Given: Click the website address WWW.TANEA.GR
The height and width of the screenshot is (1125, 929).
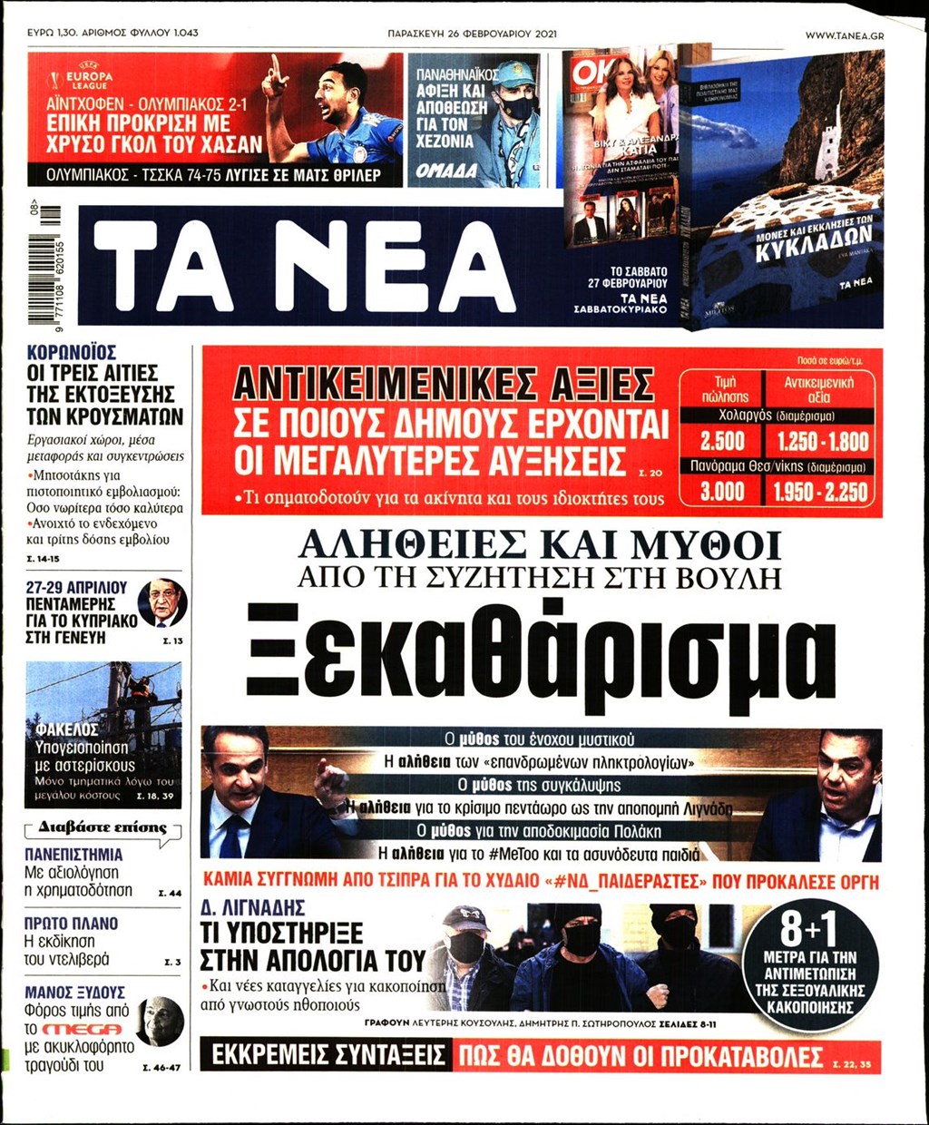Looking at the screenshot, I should [x=844, y=34].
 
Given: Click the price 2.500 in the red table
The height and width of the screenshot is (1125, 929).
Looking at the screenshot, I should [x=722, y=442].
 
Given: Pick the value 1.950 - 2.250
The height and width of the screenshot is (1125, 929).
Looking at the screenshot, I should [x=819, y=492].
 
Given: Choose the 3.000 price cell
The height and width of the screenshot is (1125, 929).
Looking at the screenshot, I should [x=722, y=492].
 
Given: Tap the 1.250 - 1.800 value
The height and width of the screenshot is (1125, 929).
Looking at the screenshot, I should [x=819, y=442].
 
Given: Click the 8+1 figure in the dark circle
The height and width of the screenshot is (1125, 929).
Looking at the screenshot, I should [x=809, y=927].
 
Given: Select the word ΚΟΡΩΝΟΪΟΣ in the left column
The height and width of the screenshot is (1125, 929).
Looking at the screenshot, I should [x=72, y=352].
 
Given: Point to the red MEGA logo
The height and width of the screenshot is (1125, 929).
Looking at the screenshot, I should [x=81, y=1029].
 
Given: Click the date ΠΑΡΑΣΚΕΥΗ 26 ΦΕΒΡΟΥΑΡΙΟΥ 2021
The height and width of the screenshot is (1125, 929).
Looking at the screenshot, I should [x=472, y=34].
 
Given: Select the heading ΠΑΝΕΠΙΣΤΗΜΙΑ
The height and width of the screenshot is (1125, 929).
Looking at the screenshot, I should [x=73, y=855].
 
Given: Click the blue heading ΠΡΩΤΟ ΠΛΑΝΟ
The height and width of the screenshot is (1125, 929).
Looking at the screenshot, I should [x=72, y=924].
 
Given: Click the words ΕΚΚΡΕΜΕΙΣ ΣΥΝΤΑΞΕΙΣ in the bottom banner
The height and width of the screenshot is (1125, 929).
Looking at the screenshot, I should [x=328, y=1056].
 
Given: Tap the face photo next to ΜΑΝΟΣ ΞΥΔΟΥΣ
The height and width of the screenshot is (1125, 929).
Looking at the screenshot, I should [x=161, y=1021].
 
